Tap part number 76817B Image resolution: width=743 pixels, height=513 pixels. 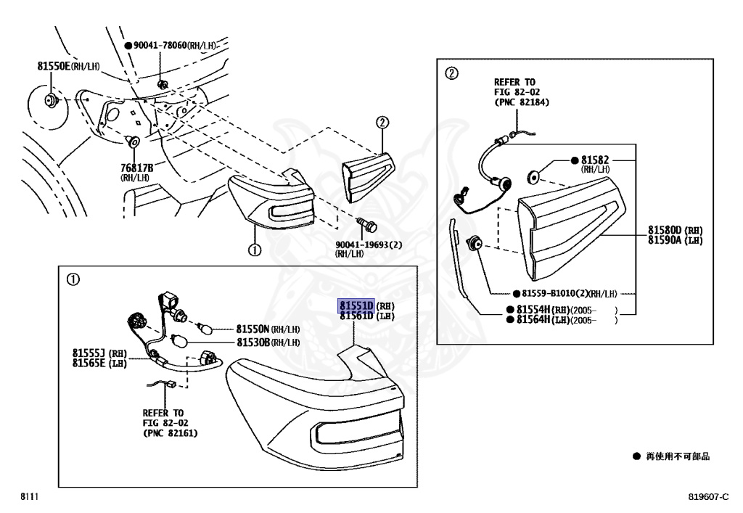click(136, 168)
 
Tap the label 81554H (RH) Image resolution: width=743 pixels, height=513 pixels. click(541, 309)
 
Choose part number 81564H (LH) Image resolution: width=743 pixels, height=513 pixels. click(541, 319)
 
